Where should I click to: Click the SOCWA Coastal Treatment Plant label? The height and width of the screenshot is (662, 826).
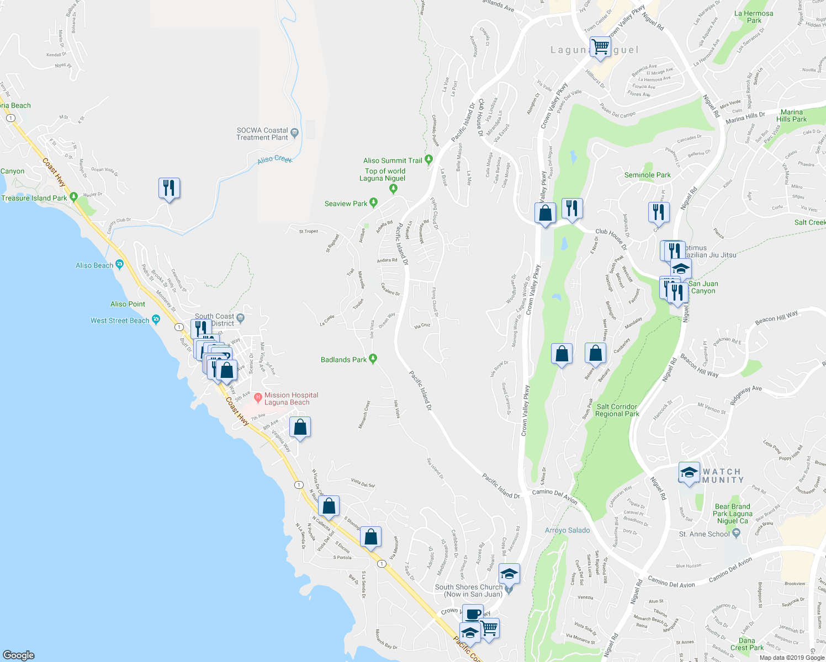click(262, 134)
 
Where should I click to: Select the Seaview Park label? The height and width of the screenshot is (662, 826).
click(346, 204)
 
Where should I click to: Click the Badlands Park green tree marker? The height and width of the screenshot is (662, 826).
click(373, 359)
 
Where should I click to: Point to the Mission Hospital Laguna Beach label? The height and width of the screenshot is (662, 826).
click(291, 399)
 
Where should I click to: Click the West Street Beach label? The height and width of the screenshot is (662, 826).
click(120, 321)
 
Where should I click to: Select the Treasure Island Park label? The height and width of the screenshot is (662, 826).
click(34, 198)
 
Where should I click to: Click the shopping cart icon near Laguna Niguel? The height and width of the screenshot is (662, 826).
click(600, 46)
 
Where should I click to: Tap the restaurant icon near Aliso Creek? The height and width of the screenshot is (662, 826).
click(169, 189)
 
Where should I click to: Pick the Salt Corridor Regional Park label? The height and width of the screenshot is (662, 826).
click(617, 410)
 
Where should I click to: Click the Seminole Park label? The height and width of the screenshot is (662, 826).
click(647, 175)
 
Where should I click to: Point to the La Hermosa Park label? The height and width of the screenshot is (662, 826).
click(754, 17)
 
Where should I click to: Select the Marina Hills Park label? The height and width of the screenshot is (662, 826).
click(791, 116)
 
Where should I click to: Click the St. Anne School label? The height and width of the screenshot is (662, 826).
click(704, 534)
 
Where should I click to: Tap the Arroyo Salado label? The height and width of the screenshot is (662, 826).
click(567, 530)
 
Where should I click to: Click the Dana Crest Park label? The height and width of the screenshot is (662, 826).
click(746, 644)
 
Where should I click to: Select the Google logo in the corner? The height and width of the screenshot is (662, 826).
click(18, 655)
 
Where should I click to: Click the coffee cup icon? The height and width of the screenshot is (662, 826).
click(472, 615)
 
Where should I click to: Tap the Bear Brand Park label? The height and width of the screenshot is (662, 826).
click(732, 514)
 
